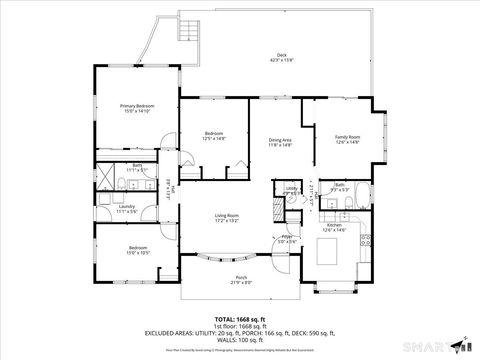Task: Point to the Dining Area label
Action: click(280, 140)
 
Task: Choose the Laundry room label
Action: click(126, 207)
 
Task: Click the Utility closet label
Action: click(292, 188)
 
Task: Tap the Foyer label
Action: click(287, 237)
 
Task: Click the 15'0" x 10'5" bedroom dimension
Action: click(139, 253)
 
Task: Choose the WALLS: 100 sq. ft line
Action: click(240, 339)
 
